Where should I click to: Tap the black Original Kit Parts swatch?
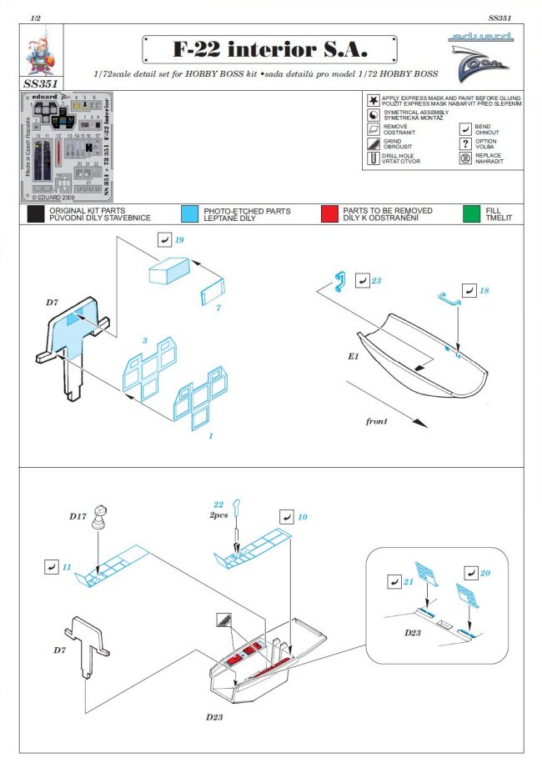click(36, 214)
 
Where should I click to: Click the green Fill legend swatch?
click(472, 214)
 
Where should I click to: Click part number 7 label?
click(218, 309)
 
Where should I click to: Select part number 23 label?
click(376, 281)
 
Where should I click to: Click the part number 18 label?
click(484, 290)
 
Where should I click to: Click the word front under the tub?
click(376, 421)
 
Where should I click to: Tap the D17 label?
click(77, 518)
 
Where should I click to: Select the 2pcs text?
click(218, 515)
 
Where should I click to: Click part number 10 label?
click(303, 518)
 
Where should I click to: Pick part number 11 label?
click(66, 567)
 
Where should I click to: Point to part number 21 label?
click(409, 581)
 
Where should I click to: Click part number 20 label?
click(485, 574)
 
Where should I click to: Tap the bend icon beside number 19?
click(163, 240)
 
